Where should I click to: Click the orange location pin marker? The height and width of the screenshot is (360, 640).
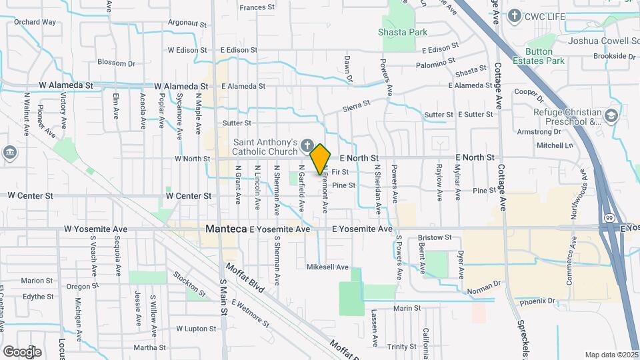click(x=321, y=159)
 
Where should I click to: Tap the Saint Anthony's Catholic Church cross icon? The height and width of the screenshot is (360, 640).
click(x=307, y=145)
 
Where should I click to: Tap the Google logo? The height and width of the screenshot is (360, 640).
click(x=22, y=351)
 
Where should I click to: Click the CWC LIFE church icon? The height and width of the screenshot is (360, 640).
click(x=514, y=15)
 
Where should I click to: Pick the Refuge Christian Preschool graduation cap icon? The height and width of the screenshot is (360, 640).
click(x=611, y=117)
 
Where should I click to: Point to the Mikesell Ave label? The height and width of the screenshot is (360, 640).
click(x=327, y=267)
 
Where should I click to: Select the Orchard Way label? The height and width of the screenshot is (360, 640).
click(x=35, y=22)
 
